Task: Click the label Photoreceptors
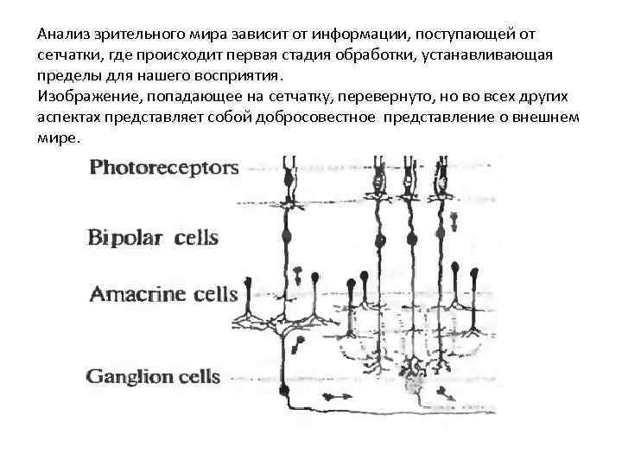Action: tap(164, 167)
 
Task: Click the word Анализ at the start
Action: tap(63, 35)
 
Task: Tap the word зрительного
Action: tap(139, 35)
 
